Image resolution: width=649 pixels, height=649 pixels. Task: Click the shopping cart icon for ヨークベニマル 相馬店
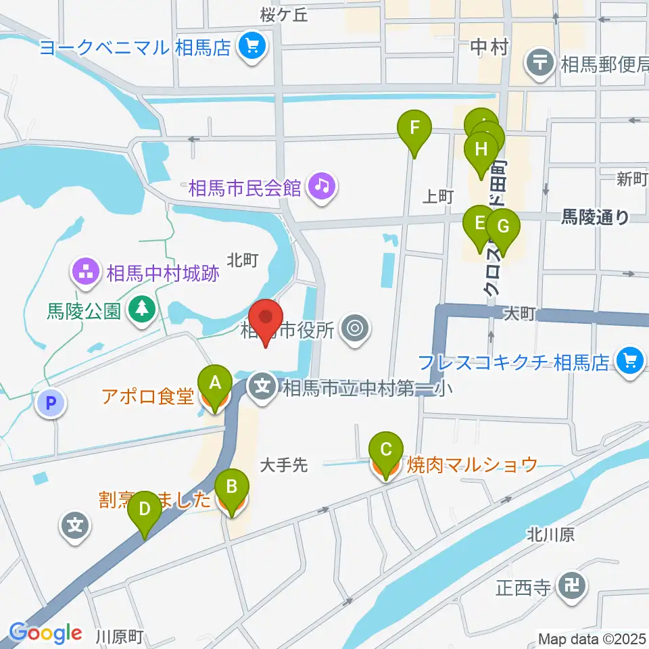[x=254, y=47]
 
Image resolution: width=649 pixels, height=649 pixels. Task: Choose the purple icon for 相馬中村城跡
[x=86, y=274]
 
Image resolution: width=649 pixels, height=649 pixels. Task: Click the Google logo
[x=45, y=632]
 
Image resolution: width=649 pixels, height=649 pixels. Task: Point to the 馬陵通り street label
[x=596, y=217]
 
